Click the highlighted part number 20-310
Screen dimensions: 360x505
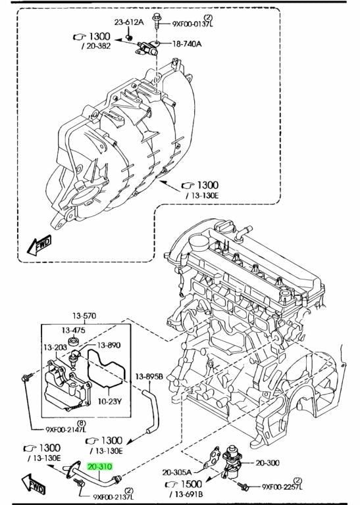[100, 467]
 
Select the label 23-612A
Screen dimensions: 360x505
[129, 22]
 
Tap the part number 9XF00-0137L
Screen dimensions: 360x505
[193, 24]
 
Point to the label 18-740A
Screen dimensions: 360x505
[187, 44]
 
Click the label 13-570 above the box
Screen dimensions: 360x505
[84, 316]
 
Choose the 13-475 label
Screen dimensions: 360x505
[74, 330]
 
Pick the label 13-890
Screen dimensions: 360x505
[109, 345]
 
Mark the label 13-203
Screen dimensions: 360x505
[55, 347]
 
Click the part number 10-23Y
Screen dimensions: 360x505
[109, 402]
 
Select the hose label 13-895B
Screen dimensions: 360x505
[149, 376]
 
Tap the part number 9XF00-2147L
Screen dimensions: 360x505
[66, 429]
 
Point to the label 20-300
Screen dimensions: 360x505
[267, 463]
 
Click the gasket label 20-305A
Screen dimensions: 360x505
[176, 473]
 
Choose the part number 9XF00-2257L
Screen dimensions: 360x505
[282, 487]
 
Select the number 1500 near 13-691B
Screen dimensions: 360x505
[192, 484]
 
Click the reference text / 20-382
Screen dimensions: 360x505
[96, 46]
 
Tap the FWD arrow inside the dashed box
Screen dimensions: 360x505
[39, 245]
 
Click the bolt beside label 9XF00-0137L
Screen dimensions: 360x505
[157, 21]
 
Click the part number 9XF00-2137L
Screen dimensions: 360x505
[113, 497]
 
